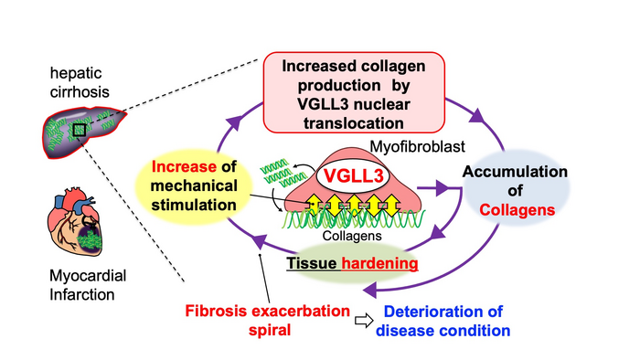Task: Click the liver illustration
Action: click(x=84, y=132)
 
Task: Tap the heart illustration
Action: click(x=76, y=221)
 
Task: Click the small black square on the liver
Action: click(x=80, y=130)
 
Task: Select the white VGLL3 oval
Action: click(x=353, y=176)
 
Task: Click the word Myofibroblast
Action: click(x=417, y=147)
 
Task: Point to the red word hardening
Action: click(x=379, y=263)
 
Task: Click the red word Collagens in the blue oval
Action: click(x=517, y=210)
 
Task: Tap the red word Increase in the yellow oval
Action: click(x=184, y=166)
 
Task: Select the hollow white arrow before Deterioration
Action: click(x=364, y=321)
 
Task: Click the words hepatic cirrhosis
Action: click(x=80, y=83)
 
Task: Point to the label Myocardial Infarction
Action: click(x=88, y=285)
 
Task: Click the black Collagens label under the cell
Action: click(x=352, y=236)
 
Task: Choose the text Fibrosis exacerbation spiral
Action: click(x=268, y=320)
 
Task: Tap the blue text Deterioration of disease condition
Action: click(x=443, y=321)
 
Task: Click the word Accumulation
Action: click(x=515, y=172)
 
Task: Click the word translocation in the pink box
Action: click(x=354, y=123)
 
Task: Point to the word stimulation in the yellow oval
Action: click(x=194, y=205)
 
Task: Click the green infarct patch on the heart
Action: click(x=89, y=238)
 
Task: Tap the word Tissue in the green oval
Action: click(x=312, y=263)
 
